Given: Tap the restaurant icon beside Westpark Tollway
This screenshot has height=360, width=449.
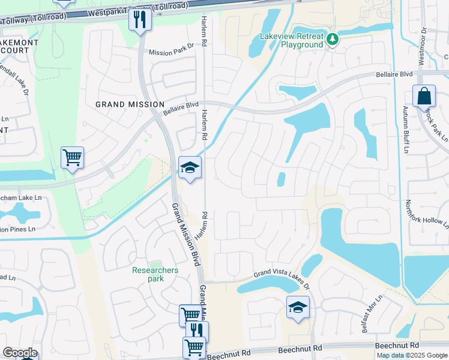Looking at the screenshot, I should (x=140, y=20).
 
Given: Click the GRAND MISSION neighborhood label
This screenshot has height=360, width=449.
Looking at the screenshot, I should (x=130, y=104).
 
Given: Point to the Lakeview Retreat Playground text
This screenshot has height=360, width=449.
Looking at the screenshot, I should (x=291, y=40).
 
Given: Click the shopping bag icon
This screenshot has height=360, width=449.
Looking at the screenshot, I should (x=424, y=97).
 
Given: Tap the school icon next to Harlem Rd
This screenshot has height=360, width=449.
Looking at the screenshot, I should (x=190, y=168).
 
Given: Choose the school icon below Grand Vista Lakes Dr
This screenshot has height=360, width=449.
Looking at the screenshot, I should (x=298, y=307).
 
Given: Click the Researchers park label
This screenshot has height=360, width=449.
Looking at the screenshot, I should (x=155, y=274).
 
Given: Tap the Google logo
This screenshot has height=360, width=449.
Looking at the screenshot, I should (x=20, y=353).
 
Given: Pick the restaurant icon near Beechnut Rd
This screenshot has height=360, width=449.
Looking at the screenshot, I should (x=197, y=331).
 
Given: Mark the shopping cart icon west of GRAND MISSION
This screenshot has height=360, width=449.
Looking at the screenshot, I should (x=72, y=158).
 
